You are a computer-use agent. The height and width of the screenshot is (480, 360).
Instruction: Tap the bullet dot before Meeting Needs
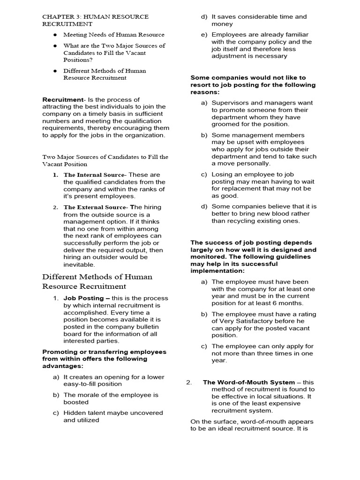[x=55, y=35]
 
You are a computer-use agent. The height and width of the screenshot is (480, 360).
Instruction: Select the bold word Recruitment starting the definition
[x=62, y=100]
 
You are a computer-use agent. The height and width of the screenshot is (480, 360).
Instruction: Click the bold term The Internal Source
[x=94, y=175]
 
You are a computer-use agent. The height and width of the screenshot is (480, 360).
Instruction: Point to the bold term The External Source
[x=95, y=207]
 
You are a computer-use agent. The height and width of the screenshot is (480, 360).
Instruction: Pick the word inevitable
[x=79, y=264]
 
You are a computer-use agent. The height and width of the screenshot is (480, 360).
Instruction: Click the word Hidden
[x=75, y=413]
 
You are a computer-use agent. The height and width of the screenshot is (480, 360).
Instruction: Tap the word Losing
[x=222, y=174]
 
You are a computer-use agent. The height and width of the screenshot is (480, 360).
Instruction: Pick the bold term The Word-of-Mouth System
[x=249, y=382]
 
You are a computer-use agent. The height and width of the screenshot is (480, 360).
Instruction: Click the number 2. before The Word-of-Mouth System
[x=189, y=382]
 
